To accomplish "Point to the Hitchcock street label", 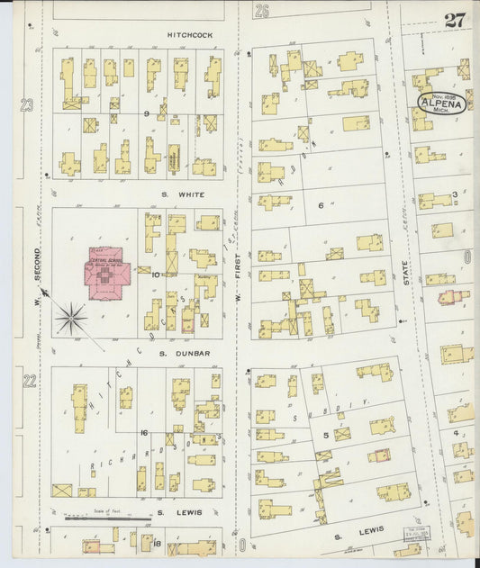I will click(189, 34).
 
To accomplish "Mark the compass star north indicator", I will click(71, 318).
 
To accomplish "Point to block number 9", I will click(145, 113).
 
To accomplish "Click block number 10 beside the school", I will click(155, 274).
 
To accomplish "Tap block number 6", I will click(321, 205).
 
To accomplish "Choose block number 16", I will click(144, 433).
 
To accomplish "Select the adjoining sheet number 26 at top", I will click(261, 11).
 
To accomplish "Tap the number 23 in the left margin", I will click(27, 106).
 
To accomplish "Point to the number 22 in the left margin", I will click(29, 381).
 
